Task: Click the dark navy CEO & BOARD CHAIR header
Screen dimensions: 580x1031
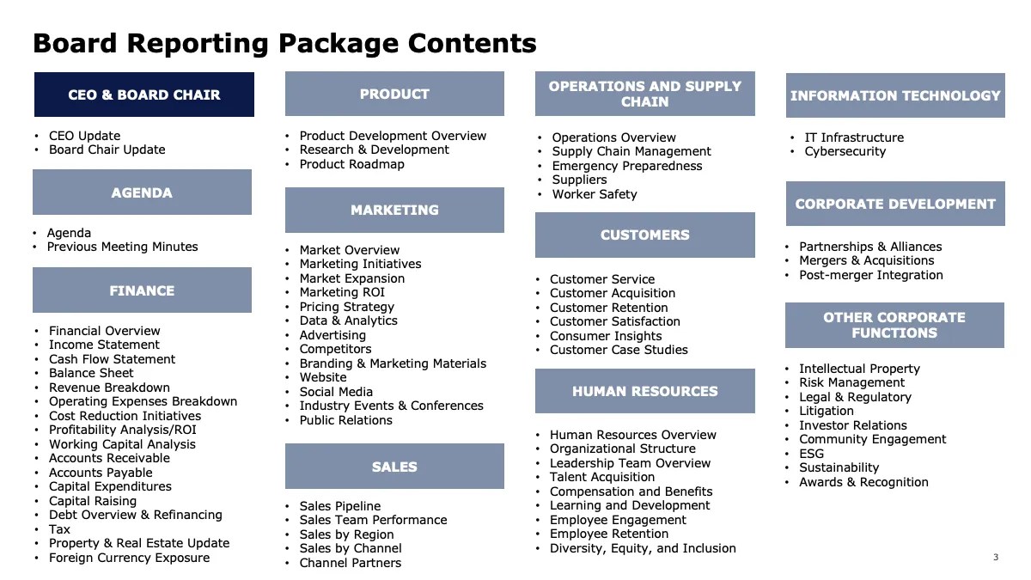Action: pyautogui.click(x=144, y=95)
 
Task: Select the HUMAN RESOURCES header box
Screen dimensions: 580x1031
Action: pyautogui.click(x=644, y=391)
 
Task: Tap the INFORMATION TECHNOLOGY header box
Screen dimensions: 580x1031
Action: pyautogui.click(x=895, y=95)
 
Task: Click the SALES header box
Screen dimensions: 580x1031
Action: pyautogui.click(x=394, y=467)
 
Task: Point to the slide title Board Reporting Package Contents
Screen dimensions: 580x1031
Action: pyautogui.click(x=284, y=43)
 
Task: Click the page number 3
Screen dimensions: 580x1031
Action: pyautogui.click(x=996, y=558)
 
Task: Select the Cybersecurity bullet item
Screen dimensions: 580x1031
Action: pyautogui.click(x=845, y=151)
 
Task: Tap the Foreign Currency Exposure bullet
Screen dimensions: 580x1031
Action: pyautogui.click(x=129, y=558)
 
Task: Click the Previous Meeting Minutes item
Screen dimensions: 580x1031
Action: pyautogui.click(x=122, y=247)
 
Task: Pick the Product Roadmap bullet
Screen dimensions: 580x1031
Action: pyautogui.click(x=351, y=164)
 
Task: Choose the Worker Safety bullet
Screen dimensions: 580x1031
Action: pyautogui.click(x=595, y=194)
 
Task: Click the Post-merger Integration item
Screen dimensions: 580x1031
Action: pyautogui.click(x=871, y=275)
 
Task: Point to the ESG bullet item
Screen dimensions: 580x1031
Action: pyautogui.click(x=811, y=454)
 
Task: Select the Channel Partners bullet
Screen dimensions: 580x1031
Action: pyautogui.click(x=350, y=563)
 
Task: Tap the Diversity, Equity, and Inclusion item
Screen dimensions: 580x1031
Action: pyautogui.click(x=643, y=548)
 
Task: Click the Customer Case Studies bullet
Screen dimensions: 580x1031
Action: pyautogui.click(x=619, y=350)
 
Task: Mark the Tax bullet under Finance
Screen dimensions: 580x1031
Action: pyautogui.click(x=59, y=529)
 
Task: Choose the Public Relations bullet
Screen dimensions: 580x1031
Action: pyautogui.click(x=345, y=420)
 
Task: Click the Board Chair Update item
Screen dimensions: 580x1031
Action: pyautogui.click(x=107, y=150)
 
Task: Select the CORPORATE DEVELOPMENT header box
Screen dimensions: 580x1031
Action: pyautogui.click(x=895, y=204)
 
